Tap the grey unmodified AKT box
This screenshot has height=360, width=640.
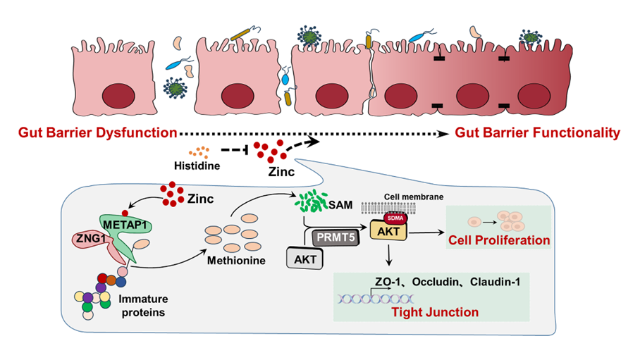305,259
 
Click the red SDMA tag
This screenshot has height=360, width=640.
389,218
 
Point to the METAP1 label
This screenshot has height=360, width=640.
130,223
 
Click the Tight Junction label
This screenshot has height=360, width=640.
435,311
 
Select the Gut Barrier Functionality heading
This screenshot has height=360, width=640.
537,132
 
